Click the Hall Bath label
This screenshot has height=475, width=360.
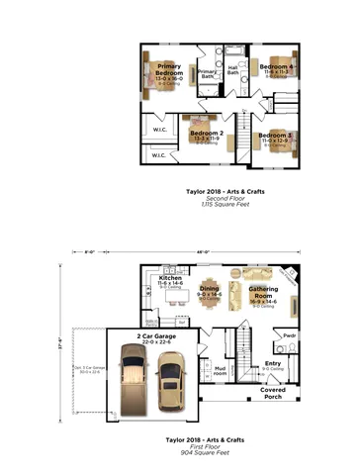(x=233, y=70)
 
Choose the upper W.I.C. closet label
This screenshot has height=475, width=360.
(x=159, y=129)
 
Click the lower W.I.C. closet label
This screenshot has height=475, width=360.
(x=159, y=155)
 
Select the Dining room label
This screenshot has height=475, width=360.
(x=208, y=289)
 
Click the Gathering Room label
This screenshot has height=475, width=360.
(x=262, y=292)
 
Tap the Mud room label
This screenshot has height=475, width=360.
(x=222, y=371)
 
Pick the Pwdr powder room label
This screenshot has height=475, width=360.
(x=290, y=335)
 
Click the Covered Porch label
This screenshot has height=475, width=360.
(x=274, y=392)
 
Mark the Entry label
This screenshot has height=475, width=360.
(x=273, y=363)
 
